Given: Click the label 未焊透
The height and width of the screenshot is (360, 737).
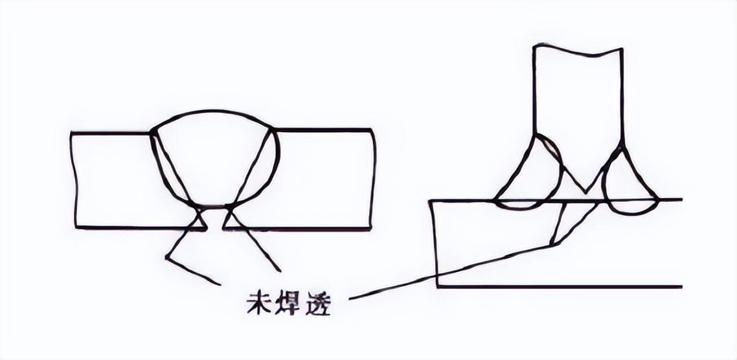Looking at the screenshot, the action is coord(289,302).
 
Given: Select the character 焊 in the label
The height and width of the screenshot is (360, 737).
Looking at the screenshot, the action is coord(289,302).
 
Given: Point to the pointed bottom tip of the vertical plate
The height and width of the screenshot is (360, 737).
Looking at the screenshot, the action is coord(585,192).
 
